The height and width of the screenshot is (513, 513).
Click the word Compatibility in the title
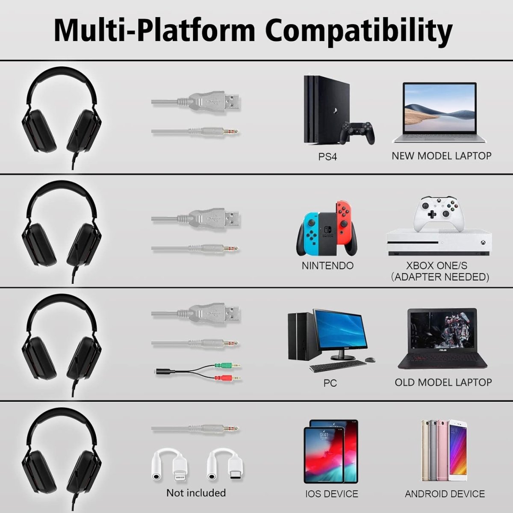[361, 31]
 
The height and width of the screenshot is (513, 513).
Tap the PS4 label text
[327, 157]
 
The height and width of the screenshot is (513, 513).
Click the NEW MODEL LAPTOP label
[441, 156]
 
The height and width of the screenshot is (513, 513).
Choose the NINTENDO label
[327, 265]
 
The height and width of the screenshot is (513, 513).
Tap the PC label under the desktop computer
[330, 383]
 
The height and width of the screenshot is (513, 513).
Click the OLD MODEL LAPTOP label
[443, 382]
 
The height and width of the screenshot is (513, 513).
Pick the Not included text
[196, 492]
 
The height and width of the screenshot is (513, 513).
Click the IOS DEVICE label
[331, 494]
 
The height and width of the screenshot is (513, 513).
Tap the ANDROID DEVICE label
[445, 494]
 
